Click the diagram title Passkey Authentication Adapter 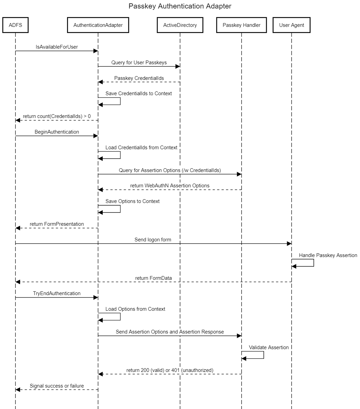[180, 6]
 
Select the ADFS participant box [15, 25]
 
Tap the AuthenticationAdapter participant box [98, 25]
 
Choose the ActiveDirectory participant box [180, 25]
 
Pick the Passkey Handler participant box [242, 25]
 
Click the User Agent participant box [292, 25]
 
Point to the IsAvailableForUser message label [57, 47]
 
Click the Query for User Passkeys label [139, 63]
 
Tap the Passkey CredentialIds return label [139, 78]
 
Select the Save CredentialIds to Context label [138, 93]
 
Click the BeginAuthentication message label [57, 132]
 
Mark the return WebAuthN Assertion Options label [170, 186]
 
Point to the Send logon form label [153, 240]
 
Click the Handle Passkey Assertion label [328, 255]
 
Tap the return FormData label [153, 278]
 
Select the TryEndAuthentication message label [57, 293]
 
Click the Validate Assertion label [269, 347]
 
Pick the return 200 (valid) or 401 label [170, 370]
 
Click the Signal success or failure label [57, 386]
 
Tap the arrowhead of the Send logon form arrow [289, 243]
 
